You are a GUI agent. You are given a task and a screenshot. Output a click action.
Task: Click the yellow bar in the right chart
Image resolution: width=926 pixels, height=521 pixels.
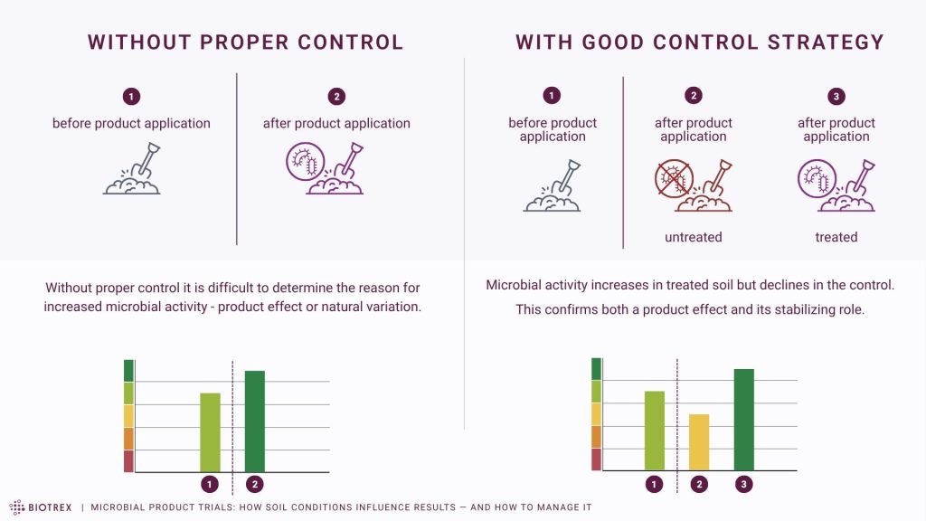coord(699,442)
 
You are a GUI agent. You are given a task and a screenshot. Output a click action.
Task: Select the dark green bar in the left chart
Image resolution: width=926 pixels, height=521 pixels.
coord(255,422)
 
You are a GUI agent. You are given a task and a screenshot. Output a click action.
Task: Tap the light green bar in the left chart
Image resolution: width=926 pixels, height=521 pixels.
coord(210,432)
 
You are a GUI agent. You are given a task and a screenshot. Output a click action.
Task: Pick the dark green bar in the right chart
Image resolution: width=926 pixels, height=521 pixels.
coord(743,420)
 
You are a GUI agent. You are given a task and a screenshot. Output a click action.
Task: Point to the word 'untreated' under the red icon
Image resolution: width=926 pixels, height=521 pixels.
coord(694,237)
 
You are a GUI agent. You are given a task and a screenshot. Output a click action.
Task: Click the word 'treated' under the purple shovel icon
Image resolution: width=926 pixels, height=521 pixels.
coord(836,237)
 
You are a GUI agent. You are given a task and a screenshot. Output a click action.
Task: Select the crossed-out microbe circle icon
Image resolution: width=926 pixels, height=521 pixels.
coord(671,177)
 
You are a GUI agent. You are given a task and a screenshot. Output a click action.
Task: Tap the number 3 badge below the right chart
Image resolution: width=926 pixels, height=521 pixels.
coord(744,485)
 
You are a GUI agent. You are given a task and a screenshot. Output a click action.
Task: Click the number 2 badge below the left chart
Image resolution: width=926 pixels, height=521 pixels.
coord(255,485)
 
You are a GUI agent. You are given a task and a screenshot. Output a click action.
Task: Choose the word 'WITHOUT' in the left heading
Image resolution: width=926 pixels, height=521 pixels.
coord(133,43)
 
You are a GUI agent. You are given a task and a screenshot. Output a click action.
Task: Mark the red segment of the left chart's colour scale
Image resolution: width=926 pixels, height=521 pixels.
coord(128,460)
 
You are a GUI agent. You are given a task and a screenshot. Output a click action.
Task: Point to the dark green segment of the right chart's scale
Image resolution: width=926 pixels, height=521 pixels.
coord(596,368)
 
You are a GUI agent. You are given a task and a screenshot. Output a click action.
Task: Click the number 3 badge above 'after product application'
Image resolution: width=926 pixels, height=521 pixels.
coord(836,96)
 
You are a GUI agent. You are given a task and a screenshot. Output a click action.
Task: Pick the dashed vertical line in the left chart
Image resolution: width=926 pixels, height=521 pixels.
coord(232,416)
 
